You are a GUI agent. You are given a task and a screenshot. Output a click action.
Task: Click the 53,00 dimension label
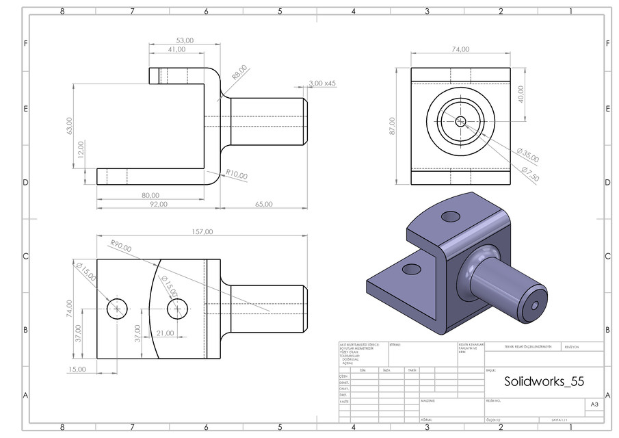pyautogui.click(x=185, y=40)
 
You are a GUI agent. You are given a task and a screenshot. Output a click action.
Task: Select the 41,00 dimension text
pyautogui.click(x=176, y=50)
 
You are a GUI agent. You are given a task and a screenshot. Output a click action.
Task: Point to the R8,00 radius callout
pyautogui.click(x=239, y=73)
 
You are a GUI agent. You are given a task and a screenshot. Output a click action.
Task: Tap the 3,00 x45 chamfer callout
pyautogui.click(x=322, y=83)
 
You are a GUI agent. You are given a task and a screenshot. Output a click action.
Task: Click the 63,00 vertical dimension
pyautogui.click(x=68, y=126)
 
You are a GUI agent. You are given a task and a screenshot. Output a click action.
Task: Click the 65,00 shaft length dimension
pyautogui.click(x=263, y=204)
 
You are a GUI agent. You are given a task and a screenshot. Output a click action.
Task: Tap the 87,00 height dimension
pyautogui.click(x=392, y=126)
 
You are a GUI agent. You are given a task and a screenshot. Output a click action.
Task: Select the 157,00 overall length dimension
pyautogui.click(x=201, y=232)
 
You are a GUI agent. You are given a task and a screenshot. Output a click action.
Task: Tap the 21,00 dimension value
pyautogui.click(x=166, y=333)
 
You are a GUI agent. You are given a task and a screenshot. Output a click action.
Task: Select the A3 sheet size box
pyautogui.click(x=594, y=405)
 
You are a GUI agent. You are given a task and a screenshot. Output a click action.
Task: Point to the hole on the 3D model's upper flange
pyautogui.click(x=451, y=217)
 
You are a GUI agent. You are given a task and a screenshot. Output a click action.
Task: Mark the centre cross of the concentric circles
pyautogui.click(x=460, y=121)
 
